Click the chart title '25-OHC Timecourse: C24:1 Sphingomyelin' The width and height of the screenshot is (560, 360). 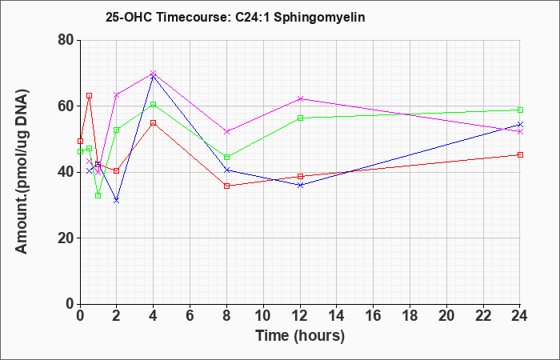pos(235,17)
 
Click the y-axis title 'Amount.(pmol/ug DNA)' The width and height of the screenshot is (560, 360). pos(22,171)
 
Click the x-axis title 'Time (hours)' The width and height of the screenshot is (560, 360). pos(300,336)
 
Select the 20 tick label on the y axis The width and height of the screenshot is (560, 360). pos(66,238)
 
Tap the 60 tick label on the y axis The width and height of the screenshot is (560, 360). pos(66,106)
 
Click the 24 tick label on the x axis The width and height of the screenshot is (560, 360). pos(520,316)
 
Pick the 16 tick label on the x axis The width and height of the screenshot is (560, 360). pos(374,316)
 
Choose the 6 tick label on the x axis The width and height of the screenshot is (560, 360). pos(190,316)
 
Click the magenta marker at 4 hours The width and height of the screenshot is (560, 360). pos(154,74)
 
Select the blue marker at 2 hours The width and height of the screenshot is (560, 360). pos(117,200)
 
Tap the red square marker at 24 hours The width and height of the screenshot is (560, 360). pos(520,154)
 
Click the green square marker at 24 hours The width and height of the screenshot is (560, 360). pos(520,110)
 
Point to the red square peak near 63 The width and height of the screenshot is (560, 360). pos(90,96)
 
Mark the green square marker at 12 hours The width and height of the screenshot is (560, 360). pos(300,118)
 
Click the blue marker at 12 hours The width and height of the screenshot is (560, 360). pos(300,185)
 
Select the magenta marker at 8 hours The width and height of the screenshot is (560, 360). pos(226,132)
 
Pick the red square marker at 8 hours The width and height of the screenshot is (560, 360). pos(226,186)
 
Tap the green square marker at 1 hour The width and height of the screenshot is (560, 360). pos(98,196)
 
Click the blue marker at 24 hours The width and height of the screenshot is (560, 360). pos(520,124)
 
